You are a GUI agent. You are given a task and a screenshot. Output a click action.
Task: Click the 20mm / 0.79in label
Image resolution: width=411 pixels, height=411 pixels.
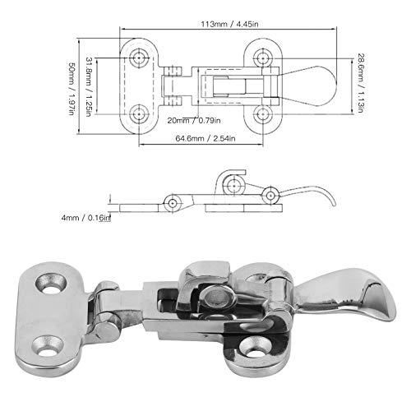(194, 120)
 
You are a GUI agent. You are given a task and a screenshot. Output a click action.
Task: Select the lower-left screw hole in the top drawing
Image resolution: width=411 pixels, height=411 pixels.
(140, 109)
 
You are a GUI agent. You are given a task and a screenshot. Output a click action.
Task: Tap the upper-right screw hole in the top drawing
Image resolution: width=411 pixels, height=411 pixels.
(264, 58)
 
